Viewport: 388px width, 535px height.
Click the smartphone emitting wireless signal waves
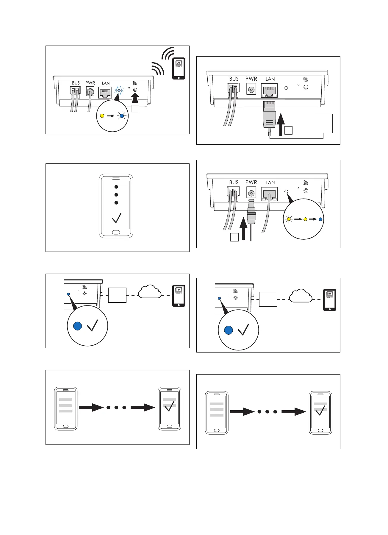point(179,68)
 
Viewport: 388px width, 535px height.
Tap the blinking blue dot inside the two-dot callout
point(122,116)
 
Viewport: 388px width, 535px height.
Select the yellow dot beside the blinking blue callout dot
point(102,116)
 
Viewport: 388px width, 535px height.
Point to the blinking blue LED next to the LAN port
point(119,90)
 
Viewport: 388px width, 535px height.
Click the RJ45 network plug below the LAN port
point(270,115)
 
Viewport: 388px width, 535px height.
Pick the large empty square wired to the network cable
point(323,123)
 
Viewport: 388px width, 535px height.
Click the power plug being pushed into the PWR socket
point(251,213)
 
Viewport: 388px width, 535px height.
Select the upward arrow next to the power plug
point(243,229)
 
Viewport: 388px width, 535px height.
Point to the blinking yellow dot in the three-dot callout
point(288,219)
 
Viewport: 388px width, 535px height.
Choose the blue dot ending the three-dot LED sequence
point(320,219)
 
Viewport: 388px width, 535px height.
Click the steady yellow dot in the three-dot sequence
point(305,219)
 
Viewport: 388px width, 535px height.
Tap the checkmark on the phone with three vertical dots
point(116,218)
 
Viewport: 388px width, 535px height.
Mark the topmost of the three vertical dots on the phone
point(116,187)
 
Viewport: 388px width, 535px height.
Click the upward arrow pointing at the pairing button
point(135,98)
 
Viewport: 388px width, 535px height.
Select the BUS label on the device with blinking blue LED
point(76,83)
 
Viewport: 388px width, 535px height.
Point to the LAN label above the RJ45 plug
point(270,79)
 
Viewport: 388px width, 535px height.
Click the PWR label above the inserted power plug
point(251,182)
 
